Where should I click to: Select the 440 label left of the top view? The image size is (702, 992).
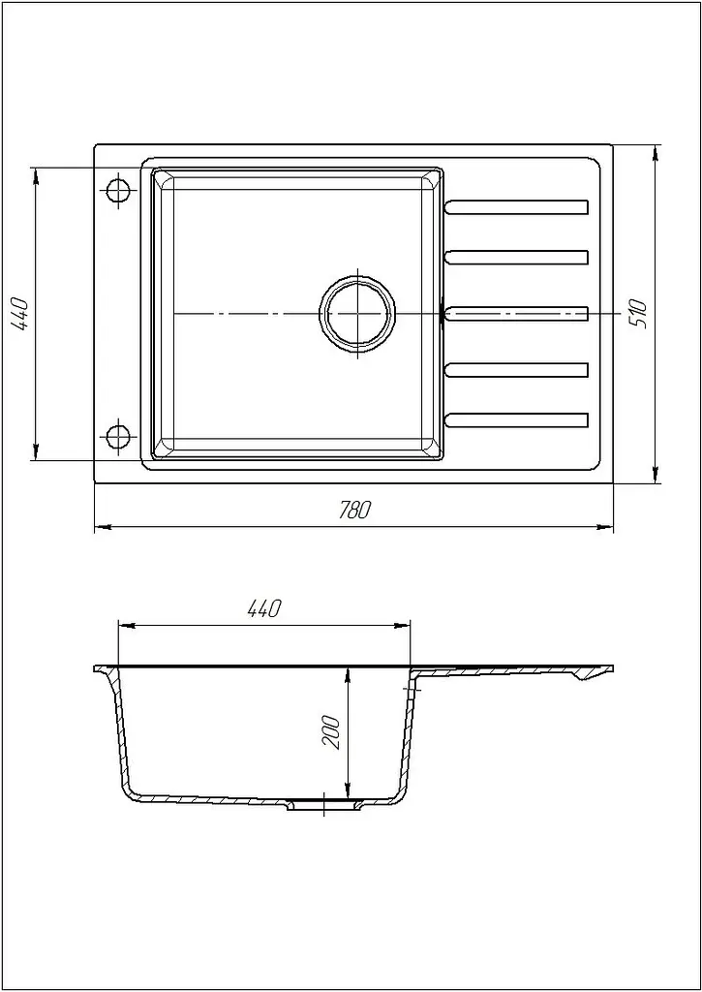[x=20, y=313]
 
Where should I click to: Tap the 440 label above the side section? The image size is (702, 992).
[x=263, y=608]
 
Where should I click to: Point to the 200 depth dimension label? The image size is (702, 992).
[x=332, y=732]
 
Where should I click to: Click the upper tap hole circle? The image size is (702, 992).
[x=117, y=190]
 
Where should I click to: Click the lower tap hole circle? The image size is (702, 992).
[x=117, y=436]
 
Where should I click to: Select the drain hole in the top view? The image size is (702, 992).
[x=357, y=313]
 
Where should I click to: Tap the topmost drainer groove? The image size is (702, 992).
[x=517, y=207]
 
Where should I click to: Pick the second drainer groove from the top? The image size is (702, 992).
[x=517, y=257]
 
